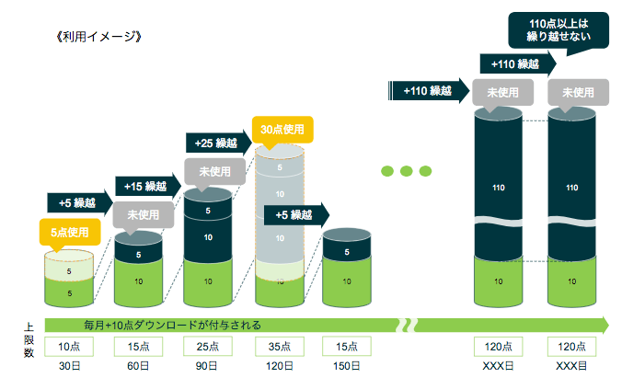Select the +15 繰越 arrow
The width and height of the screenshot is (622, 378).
point(145,187)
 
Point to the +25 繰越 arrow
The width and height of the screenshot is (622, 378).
point(216,143)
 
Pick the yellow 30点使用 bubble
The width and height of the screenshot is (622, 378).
point(282,130)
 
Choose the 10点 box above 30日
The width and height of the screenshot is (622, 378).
point(69,346)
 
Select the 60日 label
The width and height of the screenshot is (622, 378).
point(138,365)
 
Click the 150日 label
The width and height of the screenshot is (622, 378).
point(346,365)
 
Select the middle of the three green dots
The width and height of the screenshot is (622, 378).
point(406,171)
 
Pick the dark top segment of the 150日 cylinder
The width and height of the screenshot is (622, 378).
point(346,250)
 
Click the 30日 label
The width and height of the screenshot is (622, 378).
point(69,365)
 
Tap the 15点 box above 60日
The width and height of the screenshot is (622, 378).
point(138,346)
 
